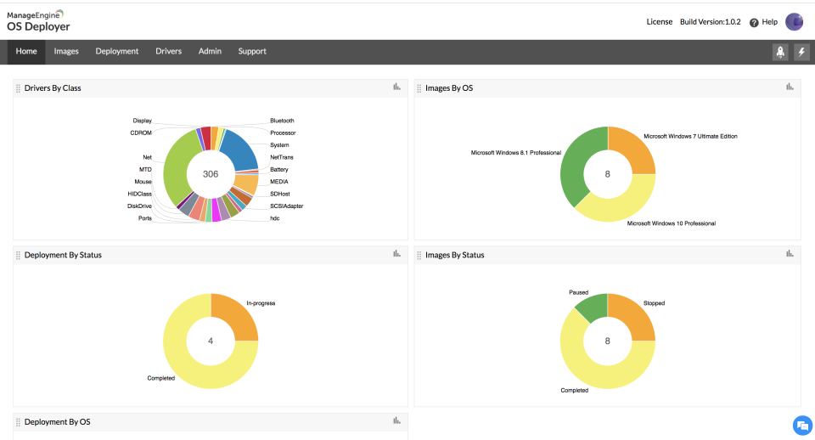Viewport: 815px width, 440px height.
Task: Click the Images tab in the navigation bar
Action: pos(66,52)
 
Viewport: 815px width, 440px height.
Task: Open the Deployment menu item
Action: pos(117,52)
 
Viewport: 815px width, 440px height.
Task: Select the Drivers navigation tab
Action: pos(168,52)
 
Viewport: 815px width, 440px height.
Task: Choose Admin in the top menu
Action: pos(210,52)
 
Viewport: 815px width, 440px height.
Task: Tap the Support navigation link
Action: pos(252,52)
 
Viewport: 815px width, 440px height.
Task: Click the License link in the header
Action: pos(659,22)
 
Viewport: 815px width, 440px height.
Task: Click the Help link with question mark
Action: pos(763,22)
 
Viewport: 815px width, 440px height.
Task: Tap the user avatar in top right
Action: pos(794,22)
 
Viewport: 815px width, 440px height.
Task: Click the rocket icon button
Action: pos(780,53)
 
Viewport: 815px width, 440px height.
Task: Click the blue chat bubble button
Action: pos(801,425)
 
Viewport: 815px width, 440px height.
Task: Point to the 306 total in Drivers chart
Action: pos(211,173)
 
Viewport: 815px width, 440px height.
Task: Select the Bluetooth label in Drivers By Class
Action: pos(282,121)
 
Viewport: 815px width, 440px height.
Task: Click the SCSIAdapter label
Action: pos(286,206)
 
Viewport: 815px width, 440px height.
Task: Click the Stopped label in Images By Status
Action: pos(654,302)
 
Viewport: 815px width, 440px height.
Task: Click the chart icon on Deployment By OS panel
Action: pos(396,420)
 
